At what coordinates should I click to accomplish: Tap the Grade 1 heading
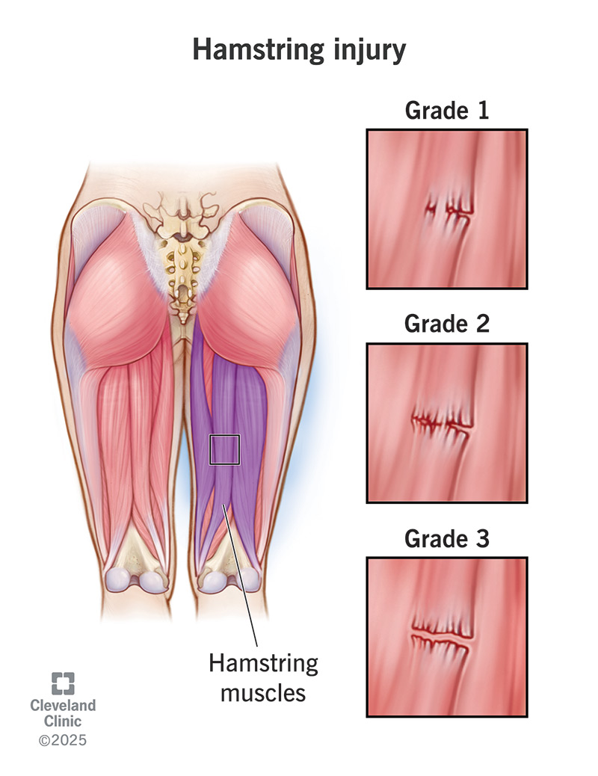446,111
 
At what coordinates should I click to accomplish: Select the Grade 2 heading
446,324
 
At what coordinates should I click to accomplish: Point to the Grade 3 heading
446,538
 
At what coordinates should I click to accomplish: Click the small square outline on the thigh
224,450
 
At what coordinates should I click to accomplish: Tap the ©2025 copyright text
63,741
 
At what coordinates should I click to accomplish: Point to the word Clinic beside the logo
63,721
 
